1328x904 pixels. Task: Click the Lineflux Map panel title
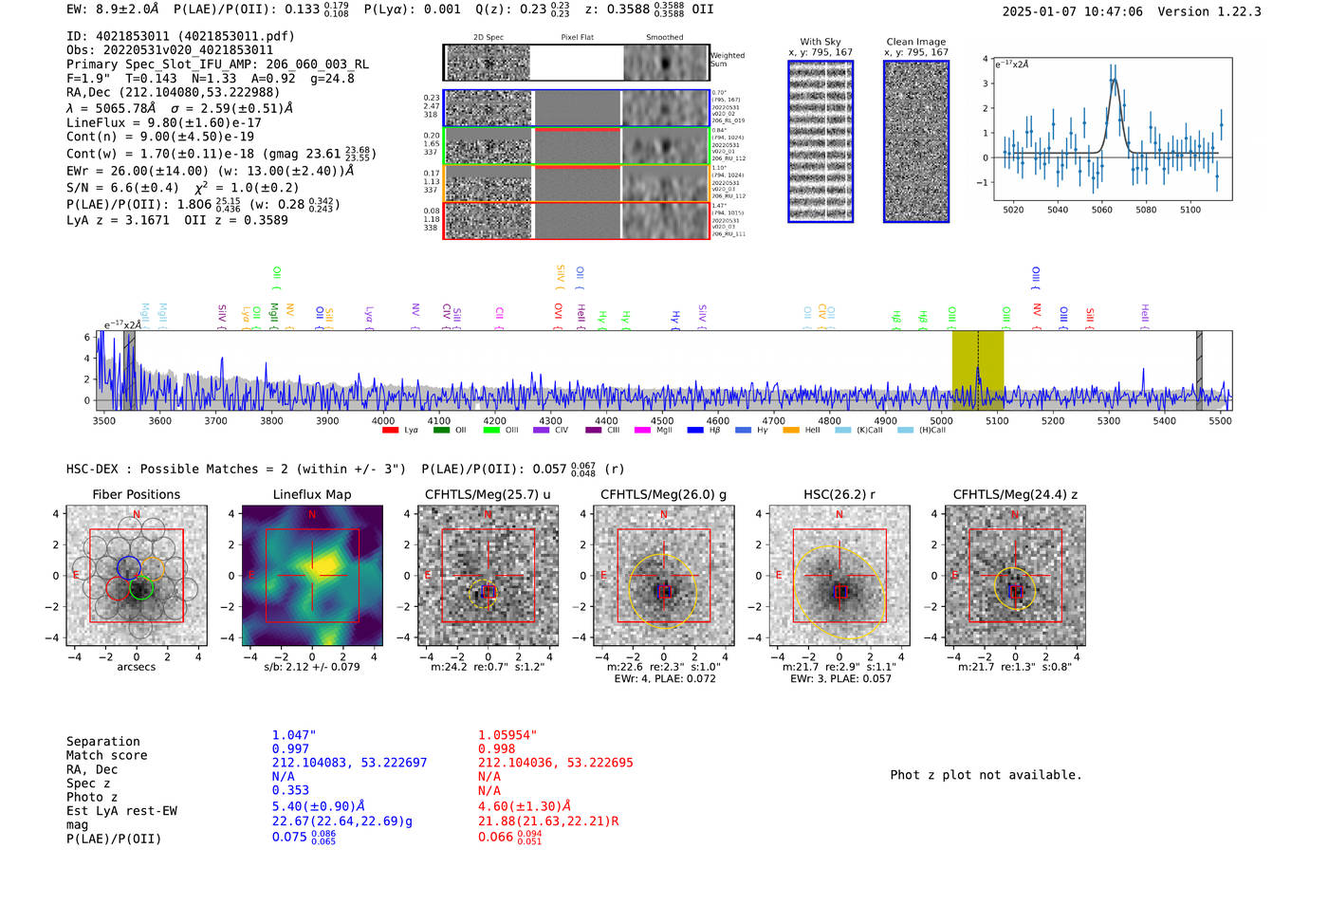click(x=311, y=494)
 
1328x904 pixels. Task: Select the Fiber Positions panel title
click(x=136, y=494)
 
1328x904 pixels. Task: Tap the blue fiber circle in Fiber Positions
click(x=129, y=568)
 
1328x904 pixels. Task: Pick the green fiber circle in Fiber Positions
click(x=141, y=588)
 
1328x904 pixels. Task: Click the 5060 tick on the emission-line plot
click(x=1101, y=210)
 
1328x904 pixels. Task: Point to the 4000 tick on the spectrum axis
click(x=383, y=420)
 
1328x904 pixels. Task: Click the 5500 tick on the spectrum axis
click(x=1220, y=420)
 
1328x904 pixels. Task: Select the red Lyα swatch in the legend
click(x=390, y=431)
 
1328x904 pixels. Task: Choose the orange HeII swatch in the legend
click(x=791, y=431)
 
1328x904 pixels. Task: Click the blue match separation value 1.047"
click(x=294, y=735)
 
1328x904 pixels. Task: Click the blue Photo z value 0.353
click(x=290, y=790)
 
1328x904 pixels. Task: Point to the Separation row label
click(x=102, y=742)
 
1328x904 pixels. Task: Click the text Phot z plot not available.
click(x=986, y=775)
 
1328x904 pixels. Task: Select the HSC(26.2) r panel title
click(x=839, y=494)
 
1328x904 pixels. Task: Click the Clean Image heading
click(x=915, y=42)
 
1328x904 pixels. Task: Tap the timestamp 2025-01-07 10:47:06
click(x=1072, y=11)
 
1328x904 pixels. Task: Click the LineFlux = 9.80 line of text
click(x=163, y=122)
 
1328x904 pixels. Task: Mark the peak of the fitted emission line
click(x=1115, y=80)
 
